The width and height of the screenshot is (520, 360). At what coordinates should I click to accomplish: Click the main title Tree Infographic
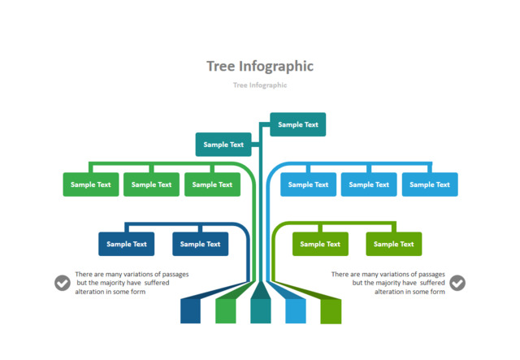tap(260, 67)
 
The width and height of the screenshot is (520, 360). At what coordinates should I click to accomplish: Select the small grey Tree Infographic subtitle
tap(260, 85)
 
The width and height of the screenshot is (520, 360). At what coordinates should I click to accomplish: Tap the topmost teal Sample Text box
tap(298, 124)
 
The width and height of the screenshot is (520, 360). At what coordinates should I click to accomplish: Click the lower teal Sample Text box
tap(223, 145)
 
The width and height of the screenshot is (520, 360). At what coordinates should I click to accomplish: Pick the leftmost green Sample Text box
tap(91, 184)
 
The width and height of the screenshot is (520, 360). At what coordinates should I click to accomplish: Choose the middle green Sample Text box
tap(152, 184)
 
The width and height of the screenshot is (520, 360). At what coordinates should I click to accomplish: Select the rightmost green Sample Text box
tap(213, 184)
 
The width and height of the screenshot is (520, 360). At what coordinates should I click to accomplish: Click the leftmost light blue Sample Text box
tap(309, 184)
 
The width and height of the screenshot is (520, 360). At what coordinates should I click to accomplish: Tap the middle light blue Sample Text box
tap(369, 184)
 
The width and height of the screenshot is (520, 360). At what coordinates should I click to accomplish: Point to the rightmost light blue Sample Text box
tap(430, 184)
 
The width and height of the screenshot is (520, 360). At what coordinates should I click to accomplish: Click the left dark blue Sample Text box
tap(127, 244)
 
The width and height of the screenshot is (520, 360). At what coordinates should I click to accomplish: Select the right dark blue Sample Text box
tap(200, 244)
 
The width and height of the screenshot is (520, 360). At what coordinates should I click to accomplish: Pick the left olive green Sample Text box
tap(321, 244)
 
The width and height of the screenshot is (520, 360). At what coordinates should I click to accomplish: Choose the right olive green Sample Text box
tap(393, 244)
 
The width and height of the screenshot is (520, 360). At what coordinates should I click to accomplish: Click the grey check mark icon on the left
tap(63, 283)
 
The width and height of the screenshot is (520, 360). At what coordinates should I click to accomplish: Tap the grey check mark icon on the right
tap(457, 283)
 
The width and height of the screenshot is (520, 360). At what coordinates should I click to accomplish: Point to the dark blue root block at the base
tap(190, 311)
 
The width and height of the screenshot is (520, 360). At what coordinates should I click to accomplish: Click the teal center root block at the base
tap(260, 311)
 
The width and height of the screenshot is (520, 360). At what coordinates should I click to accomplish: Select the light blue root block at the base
tap(295, 311)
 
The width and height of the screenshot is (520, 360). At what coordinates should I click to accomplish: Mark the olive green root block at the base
tap(331, 311)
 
